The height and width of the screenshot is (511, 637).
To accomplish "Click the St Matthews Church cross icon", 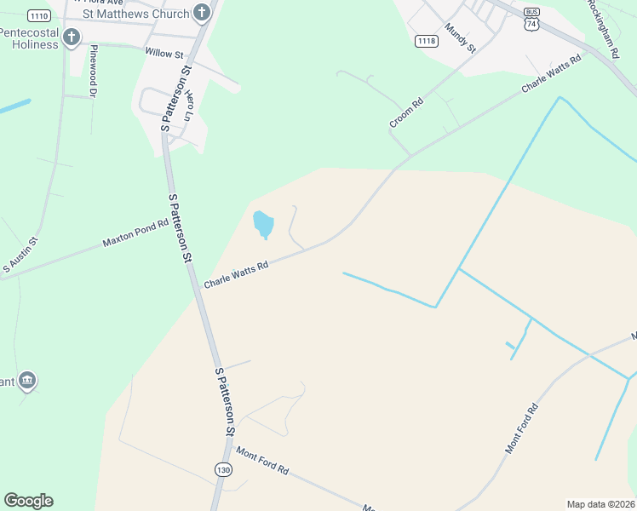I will [202, 12].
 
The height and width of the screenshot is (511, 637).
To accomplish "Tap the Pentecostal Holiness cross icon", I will [72, 37].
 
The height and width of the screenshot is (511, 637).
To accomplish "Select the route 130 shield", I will [223, 470].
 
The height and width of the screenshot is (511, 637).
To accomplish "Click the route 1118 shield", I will [427, 41].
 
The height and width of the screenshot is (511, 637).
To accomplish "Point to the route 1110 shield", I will [38, 15].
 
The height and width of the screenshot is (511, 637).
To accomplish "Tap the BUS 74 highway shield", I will [532, 19].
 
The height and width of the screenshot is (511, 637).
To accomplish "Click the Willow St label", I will [164, 54].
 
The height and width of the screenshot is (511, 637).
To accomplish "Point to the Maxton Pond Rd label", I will [136, 232].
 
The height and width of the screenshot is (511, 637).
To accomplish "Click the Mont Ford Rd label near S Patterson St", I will [263, 461].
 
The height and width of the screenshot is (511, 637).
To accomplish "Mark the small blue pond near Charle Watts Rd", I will [263, 225].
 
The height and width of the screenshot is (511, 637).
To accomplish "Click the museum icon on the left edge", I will [27, 380].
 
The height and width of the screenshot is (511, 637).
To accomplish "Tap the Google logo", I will [28, 501].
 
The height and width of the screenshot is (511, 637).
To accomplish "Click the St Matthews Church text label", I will [136, 14].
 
